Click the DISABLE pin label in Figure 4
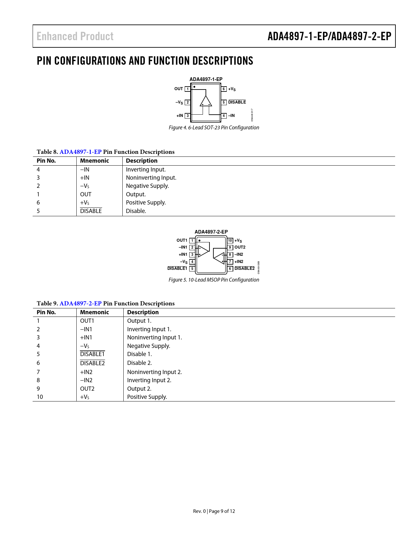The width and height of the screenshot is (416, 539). pos(237,102)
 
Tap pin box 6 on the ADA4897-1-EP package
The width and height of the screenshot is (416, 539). pos(224,89)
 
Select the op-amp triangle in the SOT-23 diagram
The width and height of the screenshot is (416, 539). pos(206,102)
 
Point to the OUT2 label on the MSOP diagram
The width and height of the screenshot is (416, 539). pos(240,247)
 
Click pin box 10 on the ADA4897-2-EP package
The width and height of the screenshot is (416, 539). pos(230,241)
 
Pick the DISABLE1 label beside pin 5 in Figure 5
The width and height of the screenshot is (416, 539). pos(177,269)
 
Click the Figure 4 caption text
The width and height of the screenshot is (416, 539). pos(214,128)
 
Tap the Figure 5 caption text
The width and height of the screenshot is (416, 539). pos(214,280)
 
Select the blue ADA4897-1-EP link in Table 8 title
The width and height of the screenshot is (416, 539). pos(81,152)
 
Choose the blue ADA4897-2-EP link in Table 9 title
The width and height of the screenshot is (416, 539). pos(81,303)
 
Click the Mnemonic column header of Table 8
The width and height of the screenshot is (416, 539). pos(95,161)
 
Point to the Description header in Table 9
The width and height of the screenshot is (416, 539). pos(143,312)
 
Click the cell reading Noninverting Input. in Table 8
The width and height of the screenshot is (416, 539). pos(151,178)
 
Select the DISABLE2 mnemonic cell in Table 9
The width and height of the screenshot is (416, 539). pos(92,363)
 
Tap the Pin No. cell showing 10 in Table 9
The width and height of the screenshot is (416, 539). pos(40,397)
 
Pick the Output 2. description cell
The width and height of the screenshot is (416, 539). pos(139,389)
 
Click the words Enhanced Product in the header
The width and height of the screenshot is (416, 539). pos(75,36)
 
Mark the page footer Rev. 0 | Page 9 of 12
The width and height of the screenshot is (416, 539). pos(214,511)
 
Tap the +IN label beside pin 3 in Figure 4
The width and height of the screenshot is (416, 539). pos(180,116)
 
